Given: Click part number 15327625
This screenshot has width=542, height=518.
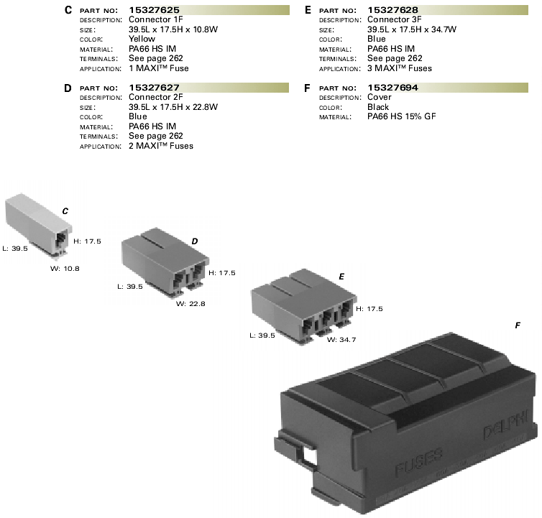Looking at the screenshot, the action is point(154,10).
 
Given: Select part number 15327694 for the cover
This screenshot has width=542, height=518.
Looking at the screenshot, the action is point(392,88).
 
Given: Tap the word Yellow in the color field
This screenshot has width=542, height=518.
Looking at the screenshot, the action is point(142,39).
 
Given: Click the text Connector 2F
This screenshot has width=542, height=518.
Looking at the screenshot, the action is point(155,97).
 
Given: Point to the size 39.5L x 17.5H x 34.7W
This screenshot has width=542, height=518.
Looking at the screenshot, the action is point(412,29).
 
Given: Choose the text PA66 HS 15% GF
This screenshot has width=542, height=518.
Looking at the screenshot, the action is point(401,116).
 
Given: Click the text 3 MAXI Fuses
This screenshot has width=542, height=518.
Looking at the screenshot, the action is point(399,68).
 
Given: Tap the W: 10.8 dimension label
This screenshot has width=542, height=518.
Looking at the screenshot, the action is point(65,269).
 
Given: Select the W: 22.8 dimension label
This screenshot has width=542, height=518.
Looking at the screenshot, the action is point(190,304).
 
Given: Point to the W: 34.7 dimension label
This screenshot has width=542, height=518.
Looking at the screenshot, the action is point(341,340).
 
